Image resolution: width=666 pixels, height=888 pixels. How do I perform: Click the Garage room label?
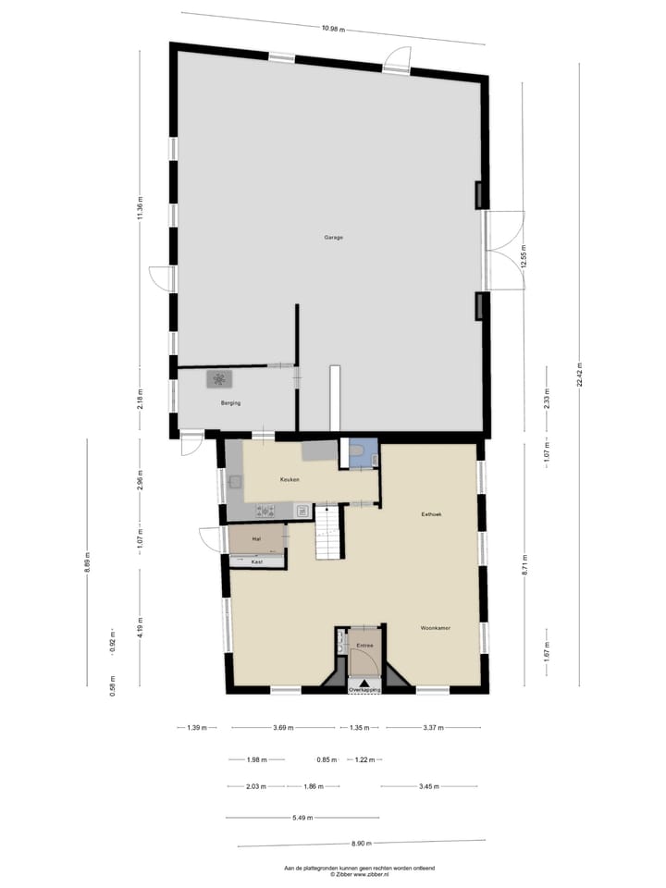click(333, 238)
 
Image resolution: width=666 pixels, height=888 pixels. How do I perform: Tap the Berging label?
click(231, 404)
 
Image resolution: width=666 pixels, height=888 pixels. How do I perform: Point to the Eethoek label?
click(433, 514)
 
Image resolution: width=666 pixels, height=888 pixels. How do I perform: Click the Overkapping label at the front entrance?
click(364, 690)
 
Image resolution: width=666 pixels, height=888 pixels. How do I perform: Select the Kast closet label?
click(257, 561)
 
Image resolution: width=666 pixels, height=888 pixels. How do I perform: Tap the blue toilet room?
click(364, 454)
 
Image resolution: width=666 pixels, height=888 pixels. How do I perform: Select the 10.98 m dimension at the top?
click(332, 29)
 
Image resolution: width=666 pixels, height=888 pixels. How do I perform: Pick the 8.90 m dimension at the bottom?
click(361, 843)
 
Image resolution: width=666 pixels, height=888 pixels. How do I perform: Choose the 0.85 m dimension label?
click(325, 760)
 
